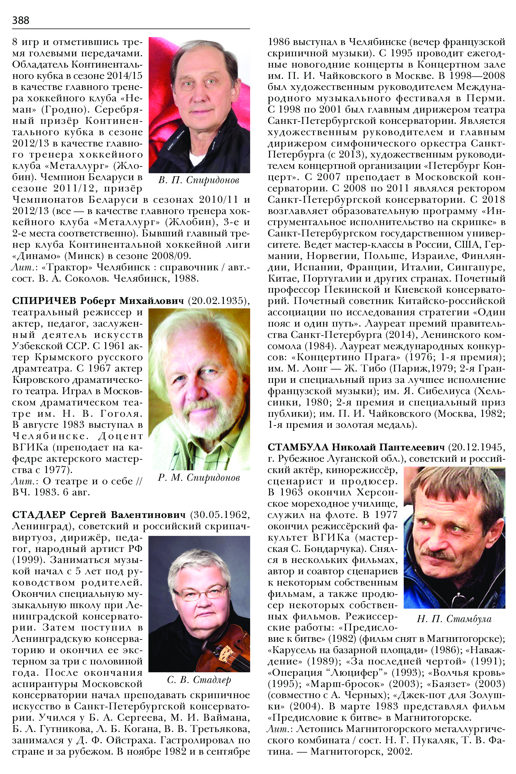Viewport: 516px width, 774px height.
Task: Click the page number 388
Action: [x=20, y=20]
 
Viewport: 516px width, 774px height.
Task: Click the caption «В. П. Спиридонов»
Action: [x=199, y=180]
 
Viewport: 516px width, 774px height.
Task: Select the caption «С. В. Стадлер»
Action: [x=199, y=680]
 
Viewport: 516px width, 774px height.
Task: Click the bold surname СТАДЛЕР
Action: [x=39, y=515]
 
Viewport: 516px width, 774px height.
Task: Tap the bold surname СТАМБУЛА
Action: [x=298, y=447]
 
